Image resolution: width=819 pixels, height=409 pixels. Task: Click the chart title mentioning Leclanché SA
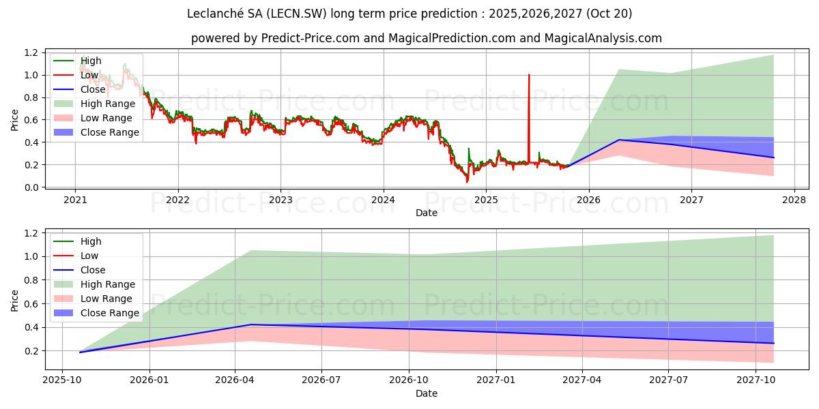click(x=409, y=14)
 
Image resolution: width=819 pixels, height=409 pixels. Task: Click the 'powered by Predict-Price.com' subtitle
click(x=426, y=38)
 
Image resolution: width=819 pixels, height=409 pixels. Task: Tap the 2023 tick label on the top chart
click(x=281, y=200)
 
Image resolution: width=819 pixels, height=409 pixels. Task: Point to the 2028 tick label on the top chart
click(x=794, y=200)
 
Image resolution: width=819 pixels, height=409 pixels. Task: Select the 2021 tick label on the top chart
click(x=75, y=200)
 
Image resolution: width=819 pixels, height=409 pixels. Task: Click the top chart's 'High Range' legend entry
click(x=110, y=104)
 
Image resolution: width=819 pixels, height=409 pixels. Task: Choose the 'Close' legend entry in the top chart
click(x=93, y=89)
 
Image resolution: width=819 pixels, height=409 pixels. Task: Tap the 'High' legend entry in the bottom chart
click(x=91, y=241)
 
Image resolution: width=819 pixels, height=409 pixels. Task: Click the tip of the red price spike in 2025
click(x=529, y=75)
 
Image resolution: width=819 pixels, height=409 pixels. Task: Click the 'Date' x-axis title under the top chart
click(x=426, y=213)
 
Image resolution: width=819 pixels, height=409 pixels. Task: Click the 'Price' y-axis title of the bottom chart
click(x=15, y=299)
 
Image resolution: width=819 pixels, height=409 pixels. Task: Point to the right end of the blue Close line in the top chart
click(x=774, y=157)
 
